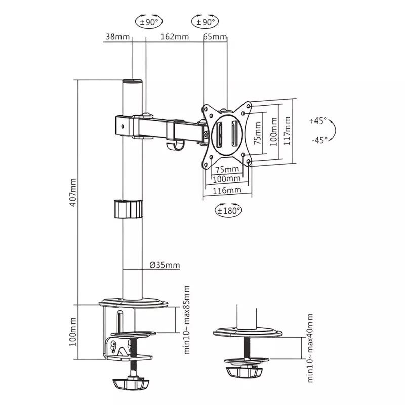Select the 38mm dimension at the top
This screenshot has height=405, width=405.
click(x=116, y=37)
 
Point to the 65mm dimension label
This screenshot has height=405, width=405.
click(x=215, y=37)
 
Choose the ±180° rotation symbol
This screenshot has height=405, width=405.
click(x=228, y=210)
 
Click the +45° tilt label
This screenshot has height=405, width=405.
click(x=317, y=121)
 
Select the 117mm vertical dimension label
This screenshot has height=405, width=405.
click(x=288, y=131)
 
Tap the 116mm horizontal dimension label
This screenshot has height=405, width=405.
click(x=226, y=191)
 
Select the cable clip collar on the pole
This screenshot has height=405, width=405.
click(x=128, y=209)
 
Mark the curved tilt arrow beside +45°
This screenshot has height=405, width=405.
click(x=335, y=130)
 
